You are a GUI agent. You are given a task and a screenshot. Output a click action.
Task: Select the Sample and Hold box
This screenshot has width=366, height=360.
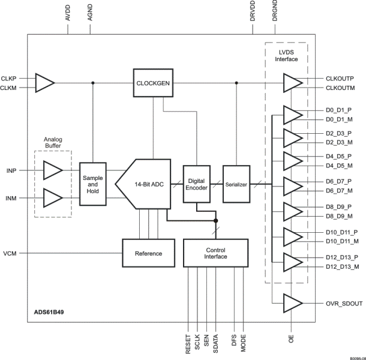(x=92, y=183)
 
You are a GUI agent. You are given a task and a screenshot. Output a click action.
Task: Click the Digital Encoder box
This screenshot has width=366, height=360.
(x=197, y=183)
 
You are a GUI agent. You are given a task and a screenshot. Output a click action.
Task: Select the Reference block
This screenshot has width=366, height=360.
(x=148, y=253)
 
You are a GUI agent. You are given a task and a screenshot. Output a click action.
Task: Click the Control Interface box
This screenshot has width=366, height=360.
(x=215, y=253)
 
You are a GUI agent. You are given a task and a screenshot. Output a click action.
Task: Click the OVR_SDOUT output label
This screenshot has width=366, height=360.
(x=343, y=304)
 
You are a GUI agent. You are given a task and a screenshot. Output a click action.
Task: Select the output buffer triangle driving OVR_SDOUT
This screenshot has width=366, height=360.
(x=293, y=304)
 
